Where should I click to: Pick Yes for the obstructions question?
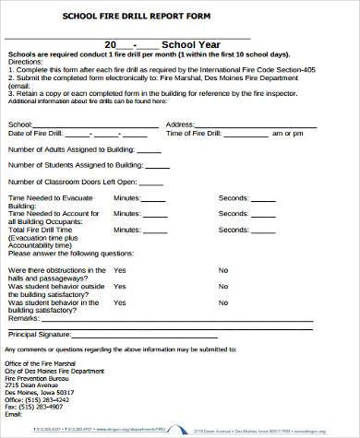[x=119, y=270]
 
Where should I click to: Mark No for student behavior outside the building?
[x=223, y=286]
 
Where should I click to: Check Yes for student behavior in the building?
[x=119, y=302]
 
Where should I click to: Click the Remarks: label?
[x=23, y=316]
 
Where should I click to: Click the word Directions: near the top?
[x=24, y=61]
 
